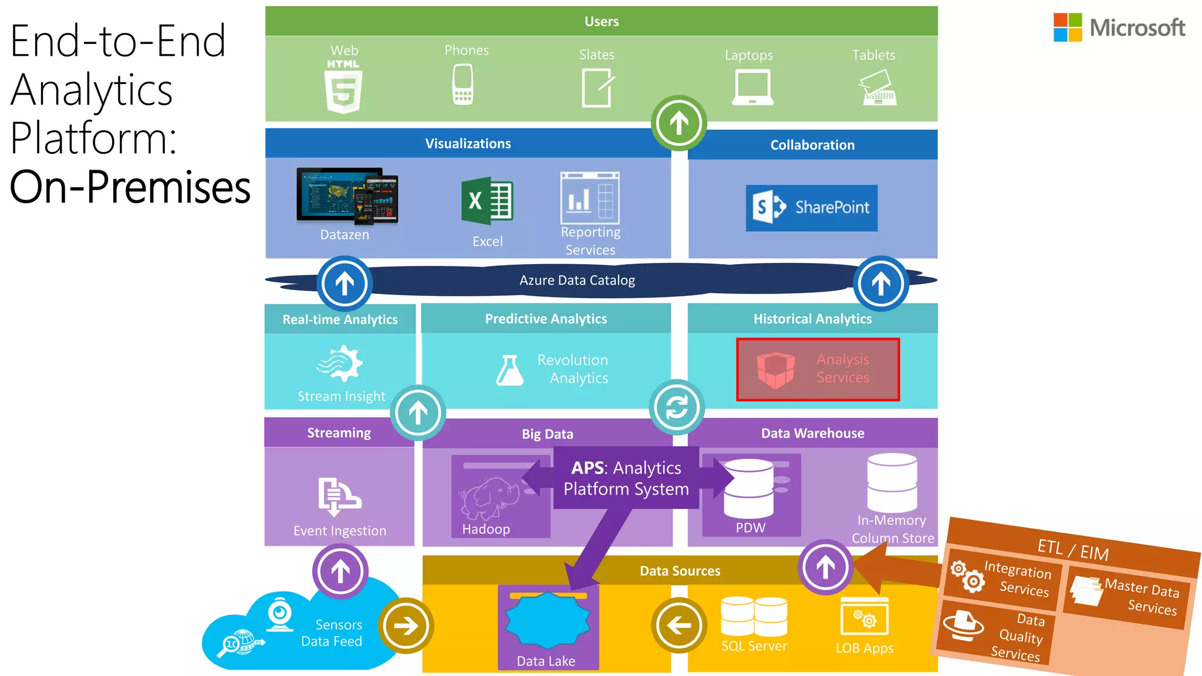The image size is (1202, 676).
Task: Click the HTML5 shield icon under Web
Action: coord(343,90)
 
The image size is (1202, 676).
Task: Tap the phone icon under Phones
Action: coord(462,84)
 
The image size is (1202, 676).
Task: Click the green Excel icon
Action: coord(487,201)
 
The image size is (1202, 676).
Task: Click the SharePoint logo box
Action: coord(812,208)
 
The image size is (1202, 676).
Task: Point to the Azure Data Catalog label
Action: coord(577,280)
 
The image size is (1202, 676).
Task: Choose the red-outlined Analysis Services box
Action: coord(818,369)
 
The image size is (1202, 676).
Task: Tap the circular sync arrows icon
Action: coord(677,407)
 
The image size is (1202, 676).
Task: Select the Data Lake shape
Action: coord(548,621)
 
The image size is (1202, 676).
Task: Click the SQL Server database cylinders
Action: coord(754,616)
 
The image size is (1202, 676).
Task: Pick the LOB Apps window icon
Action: coord(865,617)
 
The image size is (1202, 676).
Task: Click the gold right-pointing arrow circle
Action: coord(406,626)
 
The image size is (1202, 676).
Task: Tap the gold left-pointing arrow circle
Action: coord(679,626)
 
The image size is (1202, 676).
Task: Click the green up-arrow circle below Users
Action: coord(679,123)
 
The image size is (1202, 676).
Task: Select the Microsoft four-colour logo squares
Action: coord(1068,28)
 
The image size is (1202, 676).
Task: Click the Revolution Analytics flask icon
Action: coord(509,370)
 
